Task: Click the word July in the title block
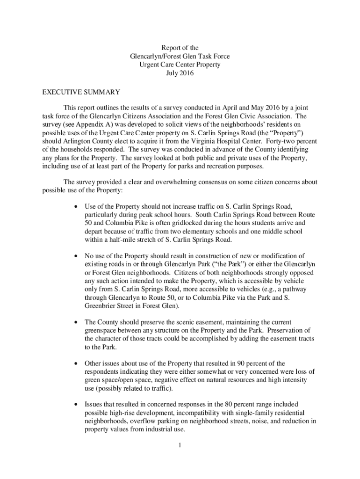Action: (x=174, y=73)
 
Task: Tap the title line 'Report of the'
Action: (x=180, y=48)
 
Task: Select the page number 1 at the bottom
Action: (x=180, y=445)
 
